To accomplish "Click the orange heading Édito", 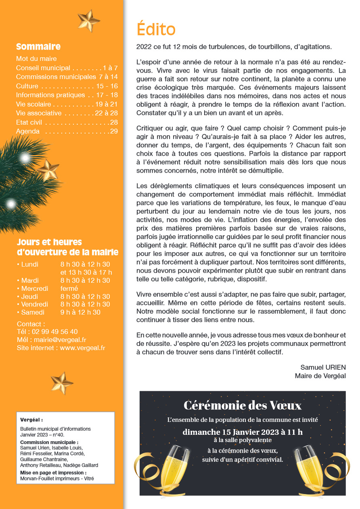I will point(156,29).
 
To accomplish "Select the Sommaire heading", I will point(38,47).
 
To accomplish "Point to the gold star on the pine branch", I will point(48,169).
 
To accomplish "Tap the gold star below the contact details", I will point(62,383).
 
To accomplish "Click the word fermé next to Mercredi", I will point(69,288).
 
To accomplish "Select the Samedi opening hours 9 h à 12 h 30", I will point(80,312).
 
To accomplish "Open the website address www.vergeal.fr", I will point(82,348).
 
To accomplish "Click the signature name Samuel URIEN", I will point(323,367).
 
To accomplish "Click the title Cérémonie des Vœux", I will point(243,405).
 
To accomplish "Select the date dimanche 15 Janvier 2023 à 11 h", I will point(243,432).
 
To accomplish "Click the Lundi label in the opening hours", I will point(29,265).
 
